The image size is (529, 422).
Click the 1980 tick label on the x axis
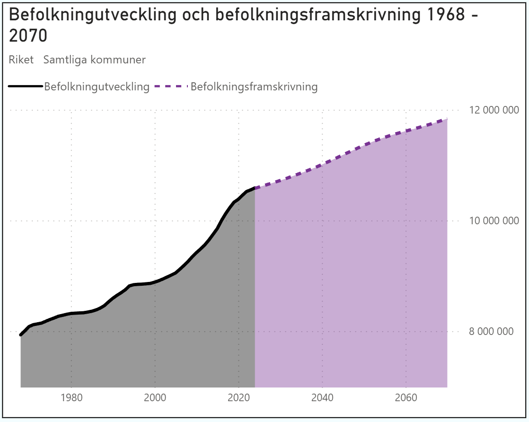pyautogui.click(x=71, y=397)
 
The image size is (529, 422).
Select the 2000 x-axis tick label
pyautogui.click(x=155, y=397)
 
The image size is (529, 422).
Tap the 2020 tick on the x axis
pyautogui.click(x=239, y=397)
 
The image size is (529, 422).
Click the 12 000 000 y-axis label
pyautogui.click(x=491, y=110)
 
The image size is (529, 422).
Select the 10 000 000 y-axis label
pyautogui.click(x=491, y=221)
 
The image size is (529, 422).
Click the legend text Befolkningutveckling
pyautogui.click(x=97, y=87)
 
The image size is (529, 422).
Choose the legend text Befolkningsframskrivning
pyautogui.click(x=254, y=87)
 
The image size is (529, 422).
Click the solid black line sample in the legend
pyautogui.click(x=26, y=86)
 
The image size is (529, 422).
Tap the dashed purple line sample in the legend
pyautogui.click(x=171, y=86)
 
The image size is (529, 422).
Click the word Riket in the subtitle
pyautogui.click(x=21, y=60)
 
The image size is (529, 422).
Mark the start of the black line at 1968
pyautogui.click(x=21, y=335)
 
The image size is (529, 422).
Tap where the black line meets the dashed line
pyautogui.click(x=255, y=188)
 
